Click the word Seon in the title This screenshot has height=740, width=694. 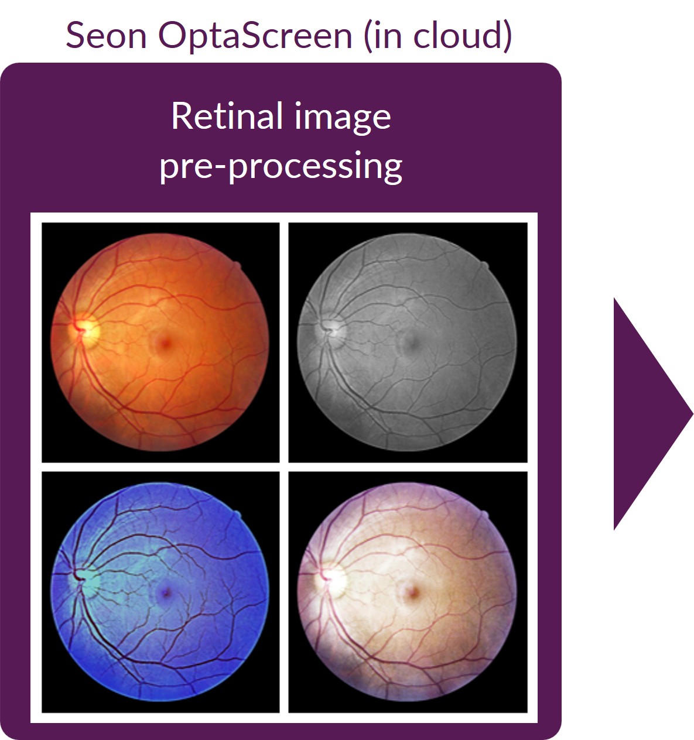coord(106,36)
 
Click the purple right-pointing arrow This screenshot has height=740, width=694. coord(652,413)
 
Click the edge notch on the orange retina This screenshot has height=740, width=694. coord(237,266)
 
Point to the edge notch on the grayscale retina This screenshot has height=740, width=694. coord(484,266)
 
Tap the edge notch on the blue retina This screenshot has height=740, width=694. coord(237,515)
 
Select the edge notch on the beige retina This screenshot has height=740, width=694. coord(484,515)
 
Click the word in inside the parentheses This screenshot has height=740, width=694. coord(388,35)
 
